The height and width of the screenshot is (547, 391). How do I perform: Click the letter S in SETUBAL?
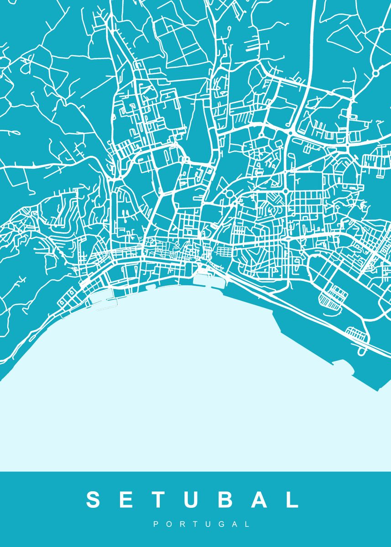click(93, 500)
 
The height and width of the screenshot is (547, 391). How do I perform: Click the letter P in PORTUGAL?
click(156, 525)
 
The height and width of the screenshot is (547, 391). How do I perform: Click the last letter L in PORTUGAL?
click(247, 525)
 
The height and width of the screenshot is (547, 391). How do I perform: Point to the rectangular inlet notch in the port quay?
click(340, 363)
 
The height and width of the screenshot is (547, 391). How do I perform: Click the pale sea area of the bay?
click(182, 387)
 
